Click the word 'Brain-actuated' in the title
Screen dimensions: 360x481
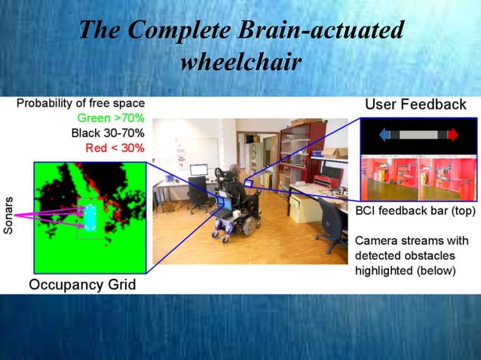[x=320, y=31]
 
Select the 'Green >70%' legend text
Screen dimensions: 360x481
[x=111, y=118]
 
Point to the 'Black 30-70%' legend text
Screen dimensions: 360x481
[x=108, y=133]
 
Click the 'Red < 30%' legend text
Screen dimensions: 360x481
[x=115, y=148]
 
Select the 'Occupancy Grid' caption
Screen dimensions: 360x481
[x=82, y=285]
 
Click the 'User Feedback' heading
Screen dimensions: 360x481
[x=416, y=105]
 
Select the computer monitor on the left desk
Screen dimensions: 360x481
[x=198, y=171]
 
